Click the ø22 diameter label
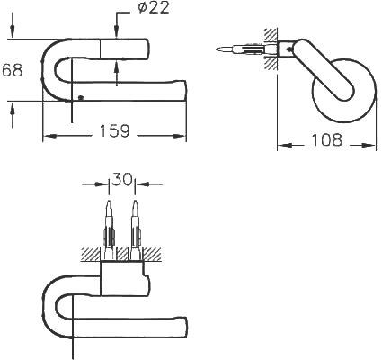click(154, 8)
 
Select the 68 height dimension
click(13, 71)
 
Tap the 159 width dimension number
click(114, 131)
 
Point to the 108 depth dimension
click(327, 140)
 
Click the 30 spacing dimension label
click(122, 179)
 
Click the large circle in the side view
click(343, 91)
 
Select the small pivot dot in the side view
click(289, 49)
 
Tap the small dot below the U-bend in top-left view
click(80, 97)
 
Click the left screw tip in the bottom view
click(109, 202)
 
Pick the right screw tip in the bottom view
click(136, 202)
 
